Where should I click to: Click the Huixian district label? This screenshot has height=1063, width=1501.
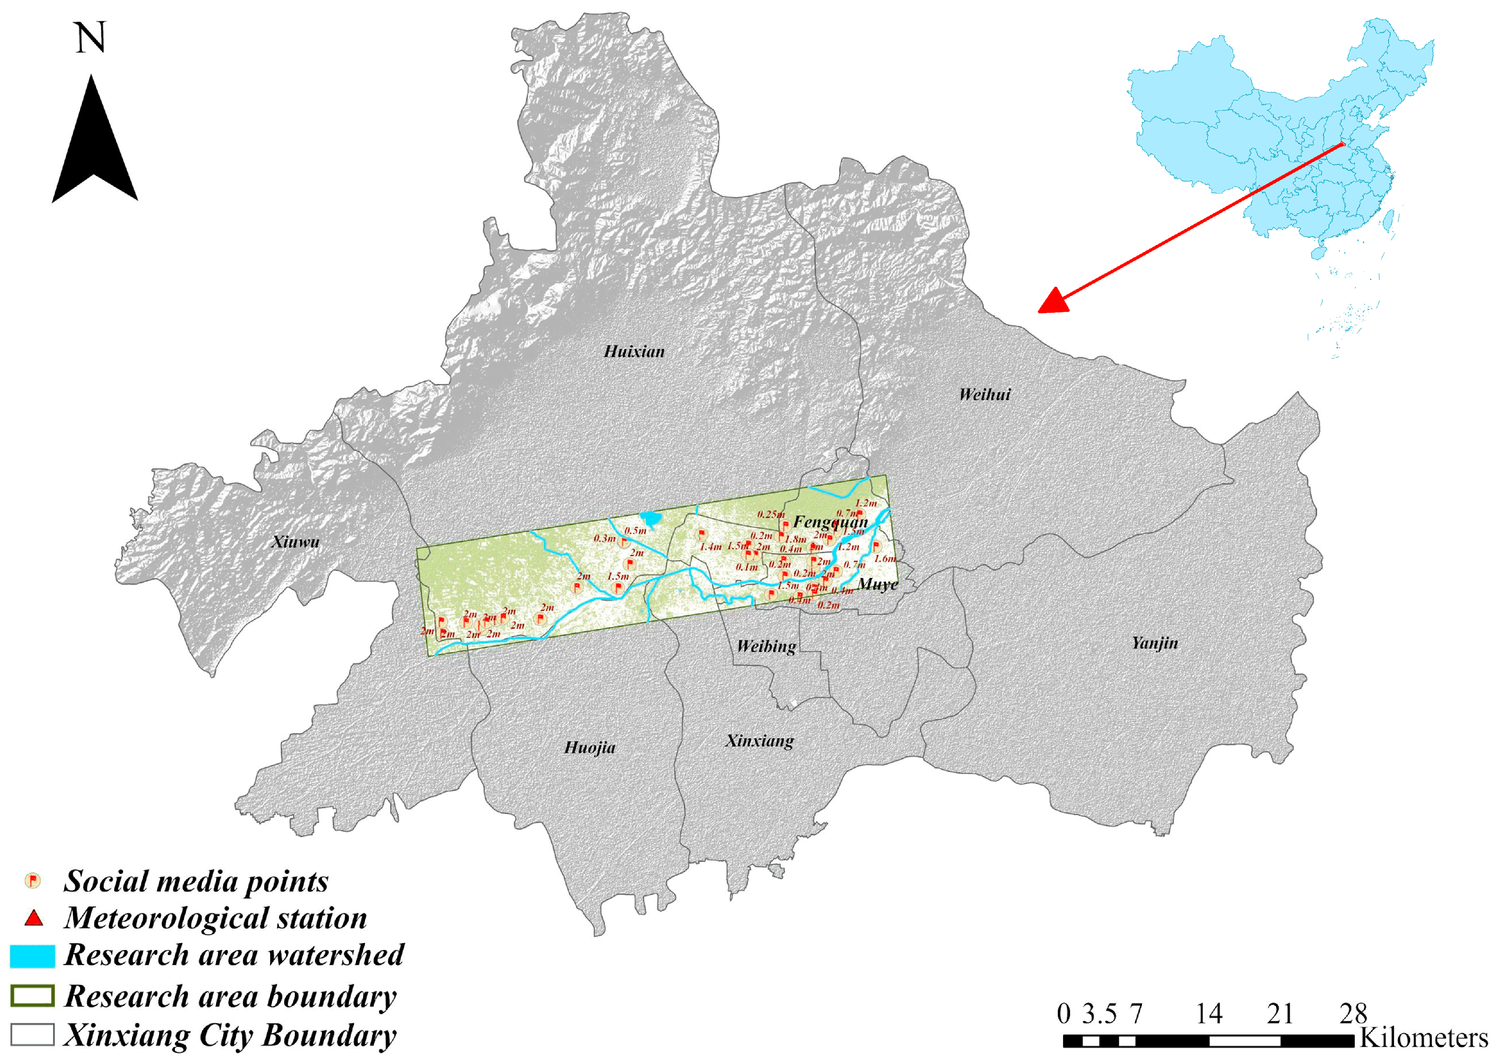633,352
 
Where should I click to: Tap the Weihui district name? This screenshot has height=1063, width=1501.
984,394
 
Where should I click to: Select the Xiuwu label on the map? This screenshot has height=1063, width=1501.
295,542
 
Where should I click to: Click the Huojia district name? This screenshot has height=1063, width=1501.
589,748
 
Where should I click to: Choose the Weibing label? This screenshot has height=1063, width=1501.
766,647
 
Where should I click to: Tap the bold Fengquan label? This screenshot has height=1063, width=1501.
830,522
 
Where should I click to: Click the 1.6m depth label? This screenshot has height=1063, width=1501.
885,559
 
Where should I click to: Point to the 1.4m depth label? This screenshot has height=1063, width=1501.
711,547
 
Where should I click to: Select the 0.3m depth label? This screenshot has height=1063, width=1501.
604,539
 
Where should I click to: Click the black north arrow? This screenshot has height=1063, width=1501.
94,141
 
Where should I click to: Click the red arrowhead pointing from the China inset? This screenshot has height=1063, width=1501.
1053,301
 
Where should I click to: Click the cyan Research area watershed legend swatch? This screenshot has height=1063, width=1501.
32,956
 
